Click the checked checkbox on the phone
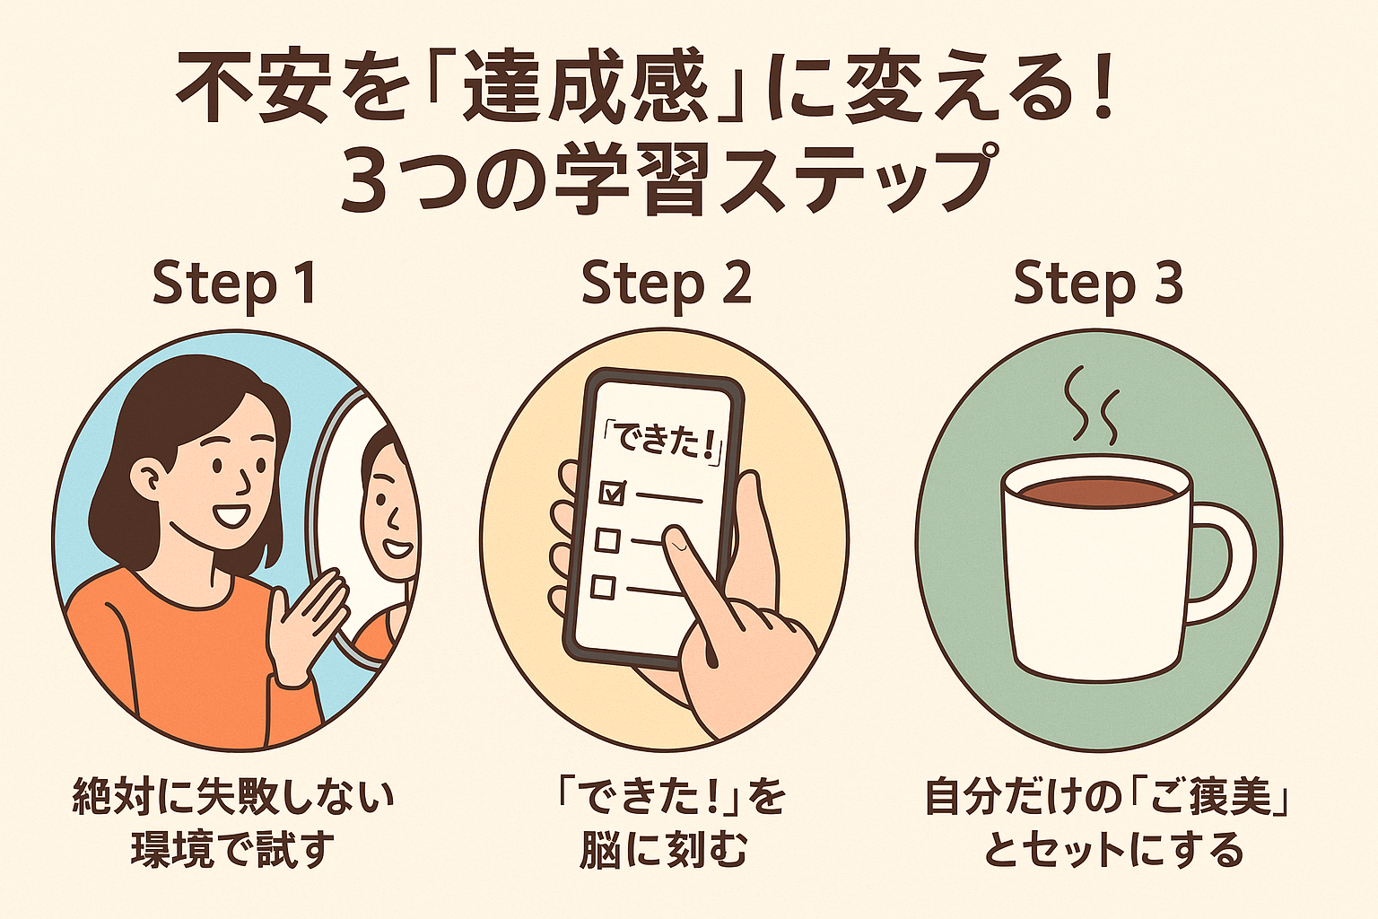click(x=612, y=493)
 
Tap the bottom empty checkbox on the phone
click(x=603, y=587)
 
